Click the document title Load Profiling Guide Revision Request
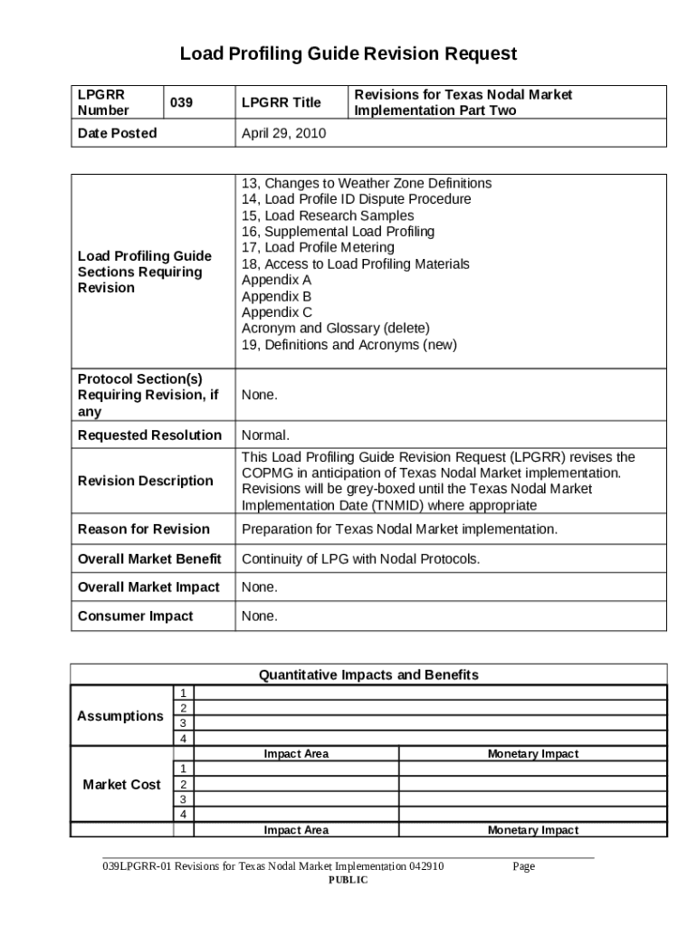coord(348,53)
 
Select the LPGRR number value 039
coord(182,102)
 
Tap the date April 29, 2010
coord(283,133)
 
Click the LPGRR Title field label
coord(282,102)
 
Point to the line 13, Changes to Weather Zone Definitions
coord(367,183)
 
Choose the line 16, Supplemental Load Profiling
coord(338,232)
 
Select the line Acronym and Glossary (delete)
coord(335,328)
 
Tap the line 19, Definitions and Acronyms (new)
coord(348,345)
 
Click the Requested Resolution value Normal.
coord(265,435)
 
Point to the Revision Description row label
coord(146,481)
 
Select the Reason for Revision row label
coord(144,530)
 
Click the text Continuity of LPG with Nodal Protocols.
coord(360,559)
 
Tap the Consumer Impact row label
coord(136,616)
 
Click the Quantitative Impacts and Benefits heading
coord(368,674)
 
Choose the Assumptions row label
coord(120,716)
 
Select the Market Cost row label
coord(121,784)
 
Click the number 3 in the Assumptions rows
coord(184,723)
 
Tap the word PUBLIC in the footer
coord(348,880)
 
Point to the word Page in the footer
coord(523,866)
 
